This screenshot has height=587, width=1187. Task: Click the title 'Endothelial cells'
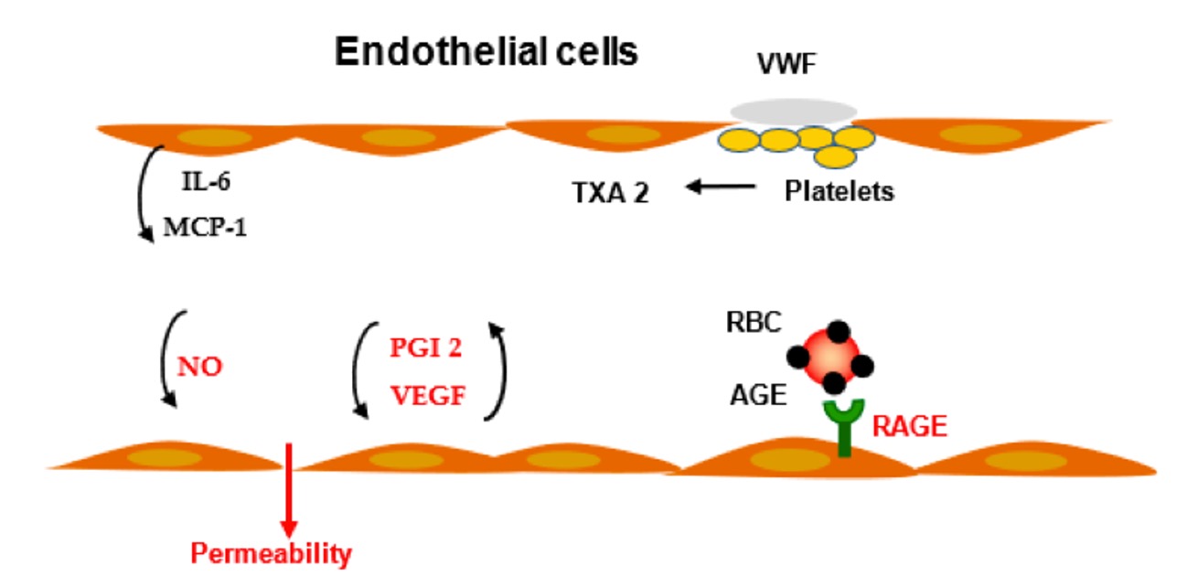pyautogui.click(x=486, y=52)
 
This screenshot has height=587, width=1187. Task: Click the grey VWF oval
pyautogui.click(x=793, y=112)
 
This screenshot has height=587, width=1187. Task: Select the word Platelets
pyautogui.click(x=839, y=193)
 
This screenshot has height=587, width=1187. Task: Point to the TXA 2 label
pyautogui.click(x=604, y=193)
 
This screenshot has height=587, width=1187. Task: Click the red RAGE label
pyautogui.click(x=909, y=426)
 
